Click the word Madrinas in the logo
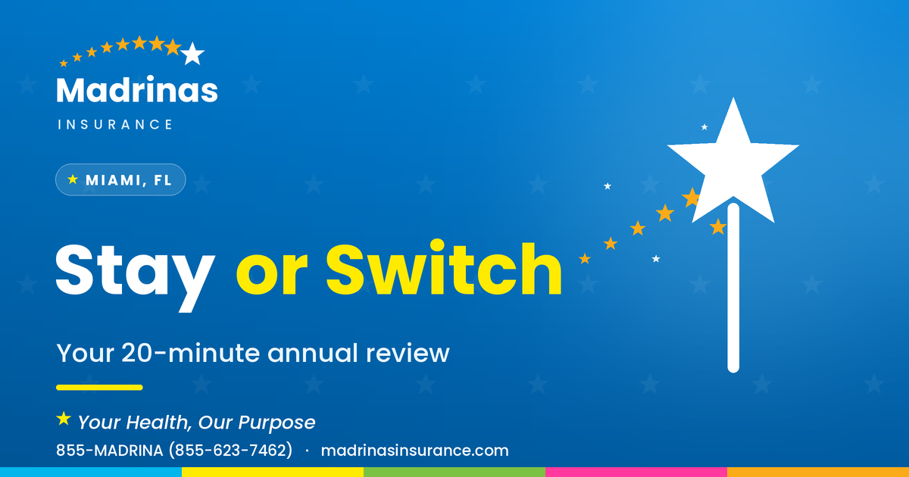pos(137,89)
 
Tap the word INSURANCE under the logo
pos(115,124)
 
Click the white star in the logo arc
pos(192,54)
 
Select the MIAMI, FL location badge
pos(120,179)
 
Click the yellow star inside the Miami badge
pos(73,179)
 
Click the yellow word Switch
pos(444,269)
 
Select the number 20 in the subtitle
pos(138,353)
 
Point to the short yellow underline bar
pos(99,388)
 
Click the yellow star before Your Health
pos(64,419)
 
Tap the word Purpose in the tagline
pos(276,422)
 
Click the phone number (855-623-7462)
pos(230,450)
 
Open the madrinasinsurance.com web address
pos(415,450)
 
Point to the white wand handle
pos(733,288)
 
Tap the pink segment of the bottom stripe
pos(636,472)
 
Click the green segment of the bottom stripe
pos(454,472)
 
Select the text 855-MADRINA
pos(110,450)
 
